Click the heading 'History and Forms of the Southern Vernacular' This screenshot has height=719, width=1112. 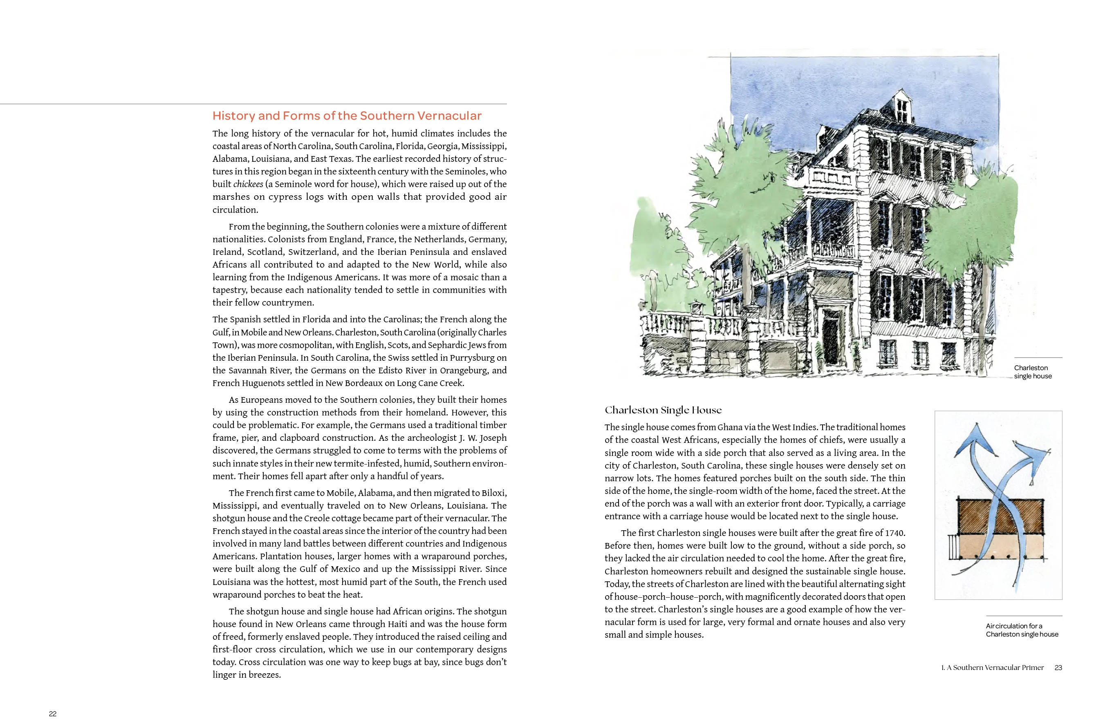click(x=347, y=116)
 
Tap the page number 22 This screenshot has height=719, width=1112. click(x=53, y=713)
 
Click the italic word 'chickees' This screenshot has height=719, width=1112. click(x=248, y=184)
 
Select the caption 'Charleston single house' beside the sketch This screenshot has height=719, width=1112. click(x=1033, y=372)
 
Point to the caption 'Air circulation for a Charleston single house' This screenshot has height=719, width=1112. click(x=1022, y=630)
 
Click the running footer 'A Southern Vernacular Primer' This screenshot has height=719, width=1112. click(x=995, y=668)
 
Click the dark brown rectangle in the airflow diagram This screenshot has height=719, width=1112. click(x=1000, y=516)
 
